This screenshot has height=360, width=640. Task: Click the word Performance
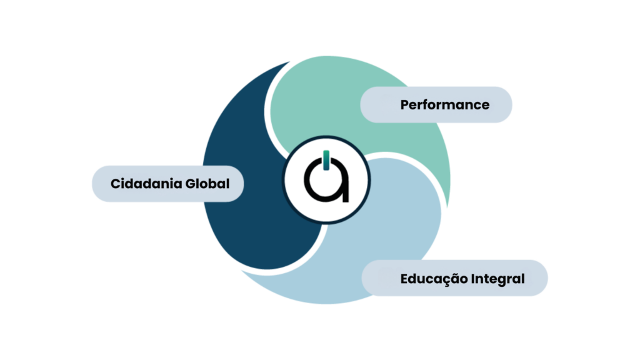(x=445, y=104)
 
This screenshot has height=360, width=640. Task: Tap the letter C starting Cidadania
(x=116, y=184)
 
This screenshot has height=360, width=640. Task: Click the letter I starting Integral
(x=475, y=279)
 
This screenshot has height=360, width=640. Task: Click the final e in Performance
(x=485, y=105)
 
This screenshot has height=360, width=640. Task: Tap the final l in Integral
(x=523, y=279)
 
